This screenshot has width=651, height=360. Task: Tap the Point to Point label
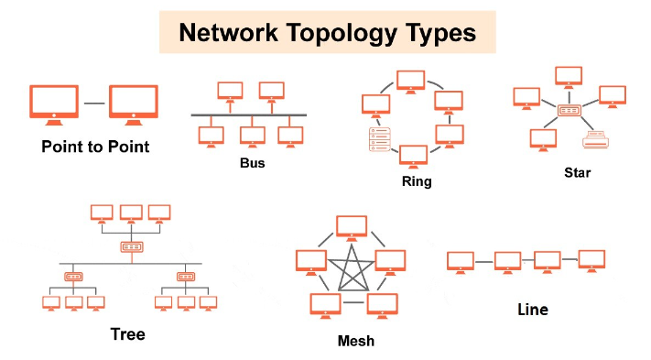[95, 147]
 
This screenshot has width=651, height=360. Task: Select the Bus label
[252, 163]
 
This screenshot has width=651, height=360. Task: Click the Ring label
[417, 181]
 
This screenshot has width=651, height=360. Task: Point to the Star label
[577, 172]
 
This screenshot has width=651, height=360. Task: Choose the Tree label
[127, 333]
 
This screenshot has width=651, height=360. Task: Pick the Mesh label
[356, 341]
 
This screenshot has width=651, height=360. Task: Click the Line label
[533, 310]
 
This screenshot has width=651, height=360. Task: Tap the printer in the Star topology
[595, 139]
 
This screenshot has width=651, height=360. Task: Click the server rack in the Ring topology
[379, 139]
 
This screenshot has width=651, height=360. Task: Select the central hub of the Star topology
[569, 111]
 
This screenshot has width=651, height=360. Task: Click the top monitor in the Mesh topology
[352, 228]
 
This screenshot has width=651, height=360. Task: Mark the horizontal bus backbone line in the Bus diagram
[249, 115]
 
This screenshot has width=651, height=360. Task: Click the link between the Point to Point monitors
[94, 103]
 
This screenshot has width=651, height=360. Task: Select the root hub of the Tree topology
[132, 247]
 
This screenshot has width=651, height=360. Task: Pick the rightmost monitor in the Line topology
[591, 261]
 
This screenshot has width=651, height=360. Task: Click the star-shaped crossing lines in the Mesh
[353, 268]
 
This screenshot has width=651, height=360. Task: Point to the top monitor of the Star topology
[569, 78]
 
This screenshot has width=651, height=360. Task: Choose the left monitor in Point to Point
[54, 105]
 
